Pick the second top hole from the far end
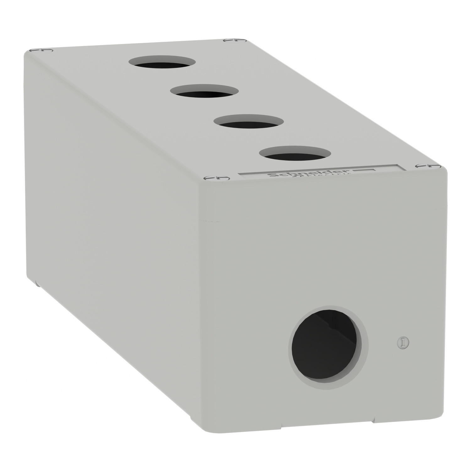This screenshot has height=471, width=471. (x=204, y=92)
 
